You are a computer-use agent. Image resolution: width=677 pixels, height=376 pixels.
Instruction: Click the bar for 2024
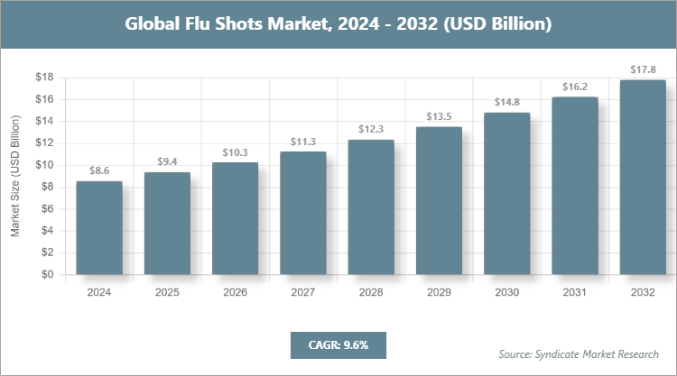coord(99,228)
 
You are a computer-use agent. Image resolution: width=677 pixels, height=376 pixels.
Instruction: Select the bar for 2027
coord(303,214)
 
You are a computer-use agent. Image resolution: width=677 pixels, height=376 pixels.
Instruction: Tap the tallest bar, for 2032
coord(643,178)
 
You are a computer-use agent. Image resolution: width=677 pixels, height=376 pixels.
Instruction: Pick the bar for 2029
coord(439,201)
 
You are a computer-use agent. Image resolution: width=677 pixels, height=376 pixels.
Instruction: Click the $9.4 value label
coord(167,161)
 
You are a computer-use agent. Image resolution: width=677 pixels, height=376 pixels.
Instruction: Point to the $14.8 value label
coord(506,102)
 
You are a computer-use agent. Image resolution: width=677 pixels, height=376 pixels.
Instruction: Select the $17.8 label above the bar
coord(643,69)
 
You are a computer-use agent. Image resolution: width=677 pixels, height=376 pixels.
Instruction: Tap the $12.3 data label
coord(371,129)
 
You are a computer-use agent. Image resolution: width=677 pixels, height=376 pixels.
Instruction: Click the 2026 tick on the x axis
coord(235,292)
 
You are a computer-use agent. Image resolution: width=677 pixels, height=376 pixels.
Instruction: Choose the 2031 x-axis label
coord(575,292)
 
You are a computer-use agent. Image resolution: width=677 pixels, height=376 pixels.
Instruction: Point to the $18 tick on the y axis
coord(42,78)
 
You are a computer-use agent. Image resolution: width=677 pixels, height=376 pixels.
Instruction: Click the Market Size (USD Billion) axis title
coord(15,176)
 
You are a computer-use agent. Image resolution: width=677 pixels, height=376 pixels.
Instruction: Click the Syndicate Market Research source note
coord(578,353)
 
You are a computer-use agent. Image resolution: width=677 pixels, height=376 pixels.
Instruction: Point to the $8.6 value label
coord(99,170)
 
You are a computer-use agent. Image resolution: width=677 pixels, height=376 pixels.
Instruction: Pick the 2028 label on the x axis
coord(371,292)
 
